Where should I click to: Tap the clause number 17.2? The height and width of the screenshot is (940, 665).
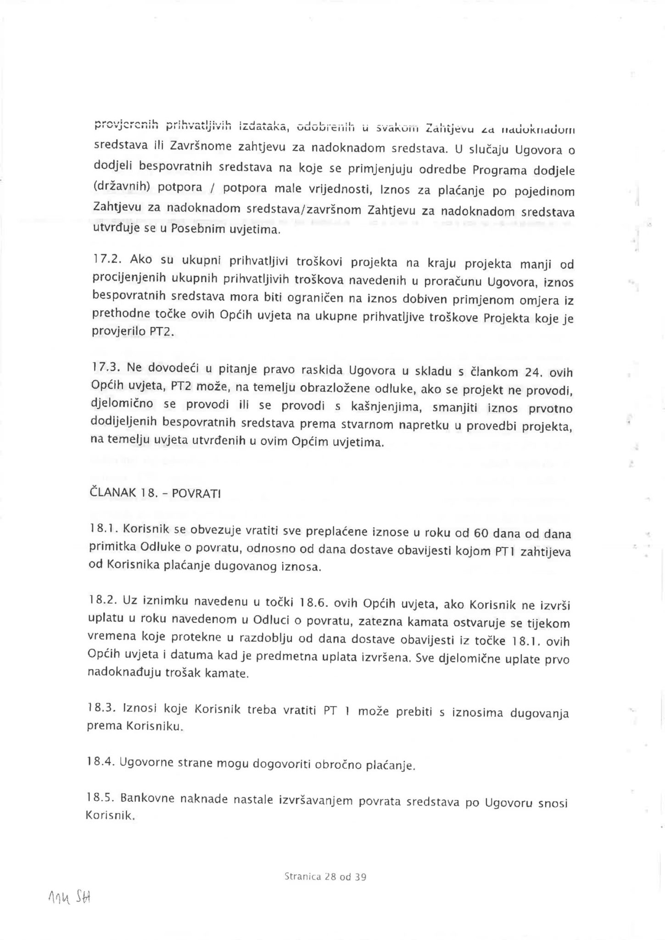coord(106,259)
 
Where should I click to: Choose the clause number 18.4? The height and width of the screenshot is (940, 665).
coord(101,762)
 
